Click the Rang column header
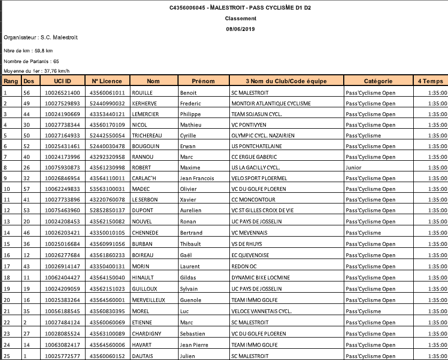11,81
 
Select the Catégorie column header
379,81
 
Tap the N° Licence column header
107,81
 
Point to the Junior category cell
353,167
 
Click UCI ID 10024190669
63,114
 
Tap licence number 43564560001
107,300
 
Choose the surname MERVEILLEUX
150,300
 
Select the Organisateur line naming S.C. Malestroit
41,38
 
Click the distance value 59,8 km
44,51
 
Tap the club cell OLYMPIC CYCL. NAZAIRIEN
262,135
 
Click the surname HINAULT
143,277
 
